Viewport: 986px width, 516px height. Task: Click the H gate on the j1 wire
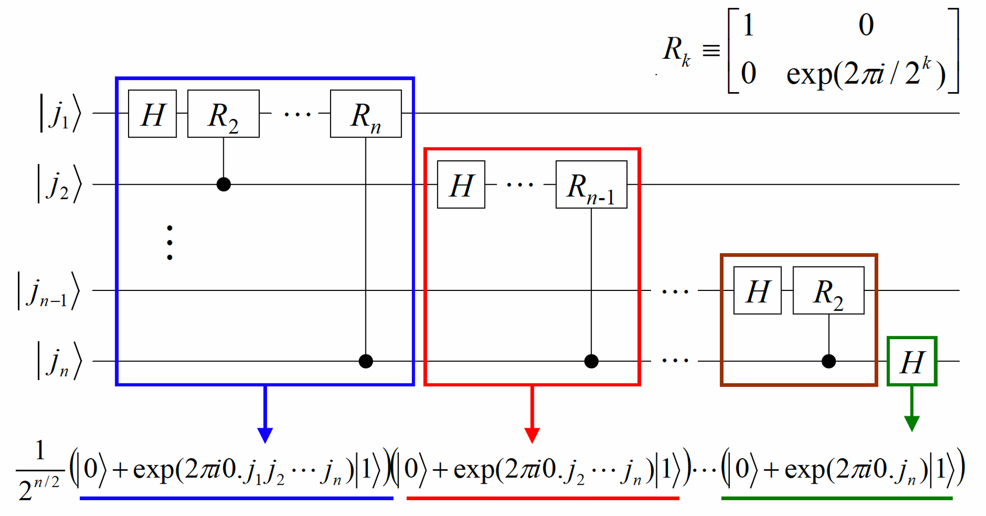pos(153,114)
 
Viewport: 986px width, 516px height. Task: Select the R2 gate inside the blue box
pos(223,114)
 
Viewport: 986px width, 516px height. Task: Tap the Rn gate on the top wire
pos(366,114)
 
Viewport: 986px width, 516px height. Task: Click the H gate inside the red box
pos(461,184)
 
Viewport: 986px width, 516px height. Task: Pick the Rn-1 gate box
pos(592,184)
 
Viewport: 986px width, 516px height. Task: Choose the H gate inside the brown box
pos(758,290)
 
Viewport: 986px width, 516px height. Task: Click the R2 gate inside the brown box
pos(828,290)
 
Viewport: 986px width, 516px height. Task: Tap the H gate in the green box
pos(912,361)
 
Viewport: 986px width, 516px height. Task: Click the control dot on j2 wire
pos(224,184)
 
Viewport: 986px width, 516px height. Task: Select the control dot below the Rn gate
pos(366,361)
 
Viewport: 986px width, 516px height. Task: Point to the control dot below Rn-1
pos(592,361)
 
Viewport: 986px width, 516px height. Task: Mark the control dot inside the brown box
pos(829,361)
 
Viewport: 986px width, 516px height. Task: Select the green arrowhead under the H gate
pos(912,424)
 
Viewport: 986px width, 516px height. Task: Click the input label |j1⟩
pos(60,114)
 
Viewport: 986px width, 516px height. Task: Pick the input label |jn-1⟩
pos(48,291)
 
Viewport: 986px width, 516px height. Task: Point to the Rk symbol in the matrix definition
pos(676,51)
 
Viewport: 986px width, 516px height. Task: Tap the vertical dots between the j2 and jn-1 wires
pos(170,243)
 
